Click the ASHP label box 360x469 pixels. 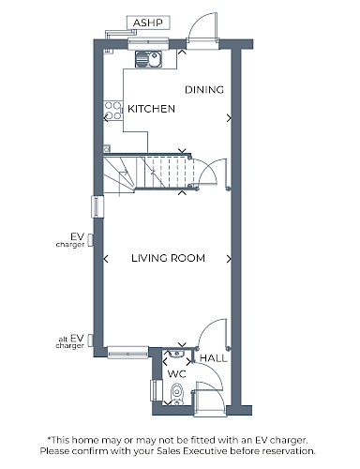click(x=148, y=23)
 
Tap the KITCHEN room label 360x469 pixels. click(x=151, y=109)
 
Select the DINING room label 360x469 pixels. click(x=204, y=90)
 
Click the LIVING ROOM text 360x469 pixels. click(x=168, y=258)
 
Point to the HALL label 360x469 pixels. click(x=214, y=358)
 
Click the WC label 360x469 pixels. click(x=177, y=373)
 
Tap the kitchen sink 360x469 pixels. click(x=148, y=59)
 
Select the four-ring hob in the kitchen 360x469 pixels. click(x=113, y=111)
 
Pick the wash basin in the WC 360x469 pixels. click(x=176, y=354)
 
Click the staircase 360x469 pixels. click(x=148, y=172)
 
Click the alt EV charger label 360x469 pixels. click(x=70, y=341)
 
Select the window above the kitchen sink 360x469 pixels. click(x=148, y=43)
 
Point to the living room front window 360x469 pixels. click(x=127, y=353)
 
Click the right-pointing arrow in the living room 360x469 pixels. click(x=230, y=259)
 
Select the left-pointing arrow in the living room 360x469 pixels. click(x=106, y=259)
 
